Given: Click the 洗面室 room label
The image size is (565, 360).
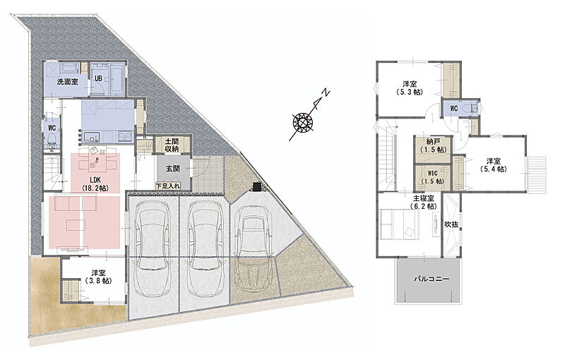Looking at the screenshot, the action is click(x=67, y=81).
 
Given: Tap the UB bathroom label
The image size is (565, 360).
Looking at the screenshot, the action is click(x=98, y=78).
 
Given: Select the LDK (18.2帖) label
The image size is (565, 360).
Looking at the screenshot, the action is click(x=95, y=184).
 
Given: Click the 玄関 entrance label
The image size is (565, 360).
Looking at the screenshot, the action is click(x=173, y=168).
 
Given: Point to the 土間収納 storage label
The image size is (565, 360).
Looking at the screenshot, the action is click(x=172, y=145).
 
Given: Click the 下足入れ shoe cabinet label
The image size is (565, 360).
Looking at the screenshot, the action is click(x=168, y=186).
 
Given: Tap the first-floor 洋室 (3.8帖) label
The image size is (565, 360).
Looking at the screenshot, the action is click(x=98, y=277).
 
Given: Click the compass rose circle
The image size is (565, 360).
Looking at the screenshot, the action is click(x=303, y=121).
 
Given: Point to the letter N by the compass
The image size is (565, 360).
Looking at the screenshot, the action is click(x=326, y=93).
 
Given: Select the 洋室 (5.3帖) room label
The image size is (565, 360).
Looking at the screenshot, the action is click(x=410, y=88).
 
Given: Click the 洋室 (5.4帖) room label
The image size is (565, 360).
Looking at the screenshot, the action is click(x=493, y=164).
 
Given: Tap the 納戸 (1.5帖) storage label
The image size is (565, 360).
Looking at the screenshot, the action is click(x=433, y=145).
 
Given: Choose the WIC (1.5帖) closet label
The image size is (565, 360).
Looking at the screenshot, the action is click(x=433, y=177).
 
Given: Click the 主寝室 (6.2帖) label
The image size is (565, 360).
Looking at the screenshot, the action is click(x=423, y=202).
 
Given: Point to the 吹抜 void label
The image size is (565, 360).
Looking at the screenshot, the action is click(x=451, y=224).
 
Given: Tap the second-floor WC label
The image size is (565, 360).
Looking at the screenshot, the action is click(x=453, y=108).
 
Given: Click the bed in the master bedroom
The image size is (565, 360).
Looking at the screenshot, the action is click(x=399, y=224).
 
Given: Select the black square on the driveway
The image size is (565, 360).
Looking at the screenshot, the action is click(x=257, y=186).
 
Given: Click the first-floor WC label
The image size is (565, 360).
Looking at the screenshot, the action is click(x=52, y=128).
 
